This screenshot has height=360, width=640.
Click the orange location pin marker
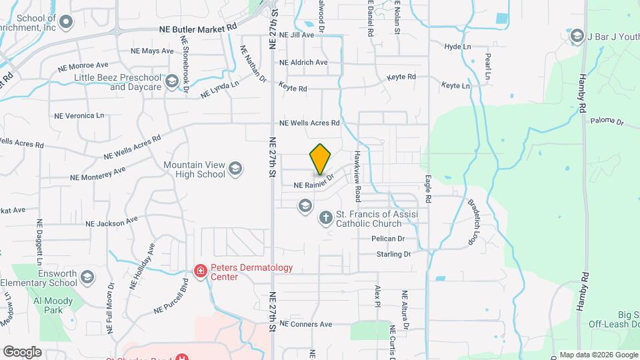320,159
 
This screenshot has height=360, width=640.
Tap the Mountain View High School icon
235,169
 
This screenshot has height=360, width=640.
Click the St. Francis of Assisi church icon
325,217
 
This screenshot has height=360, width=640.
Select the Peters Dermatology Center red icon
199,271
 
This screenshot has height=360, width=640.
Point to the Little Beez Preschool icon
172,82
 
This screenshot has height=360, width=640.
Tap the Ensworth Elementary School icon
87,277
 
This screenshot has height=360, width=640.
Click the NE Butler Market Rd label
198,29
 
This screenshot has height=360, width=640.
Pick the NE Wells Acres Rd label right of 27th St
309,123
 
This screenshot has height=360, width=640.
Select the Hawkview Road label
357,176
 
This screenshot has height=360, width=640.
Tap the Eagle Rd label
428,190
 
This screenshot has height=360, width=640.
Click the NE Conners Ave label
305,324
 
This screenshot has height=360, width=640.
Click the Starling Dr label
393,254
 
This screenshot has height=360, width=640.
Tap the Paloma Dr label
606,122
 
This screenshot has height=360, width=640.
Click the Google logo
22,351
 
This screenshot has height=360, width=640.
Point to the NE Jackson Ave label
117,221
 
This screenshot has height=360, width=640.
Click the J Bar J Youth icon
577,35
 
